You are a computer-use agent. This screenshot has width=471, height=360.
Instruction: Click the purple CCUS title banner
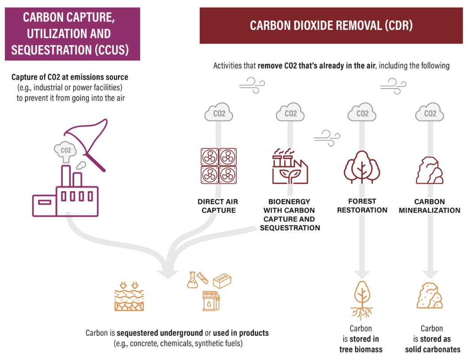click(x=72, y=34)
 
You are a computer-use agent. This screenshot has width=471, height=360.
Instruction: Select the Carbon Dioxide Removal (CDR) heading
click(x=331, y=25)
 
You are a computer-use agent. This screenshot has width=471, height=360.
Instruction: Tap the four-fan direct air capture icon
click(x=219, y=166)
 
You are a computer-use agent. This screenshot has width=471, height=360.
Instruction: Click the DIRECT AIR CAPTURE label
click(x=218, y=206)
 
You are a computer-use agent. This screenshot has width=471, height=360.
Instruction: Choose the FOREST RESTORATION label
click(x=362, y=206)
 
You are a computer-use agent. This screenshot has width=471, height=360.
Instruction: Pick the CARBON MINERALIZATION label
click(x=429, y=206)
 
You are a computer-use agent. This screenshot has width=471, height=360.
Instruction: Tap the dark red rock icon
click(x=429, y=170)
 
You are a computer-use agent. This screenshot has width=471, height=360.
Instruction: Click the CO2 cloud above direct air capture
click(x=219, y=113)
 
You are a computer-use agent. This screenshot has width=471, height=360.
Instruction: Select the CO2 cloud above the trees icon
click(x=362, y=113)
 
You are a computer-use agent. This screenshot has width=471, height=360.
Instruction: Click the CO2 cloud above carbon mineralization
click(x=430, y=113)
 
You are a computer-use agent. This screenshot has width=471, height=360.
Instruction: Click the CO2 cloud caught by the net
click(x=66, y=150)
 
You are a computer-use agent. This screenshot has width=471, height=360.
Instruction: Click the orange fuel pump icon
click(x=210, y=300)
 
